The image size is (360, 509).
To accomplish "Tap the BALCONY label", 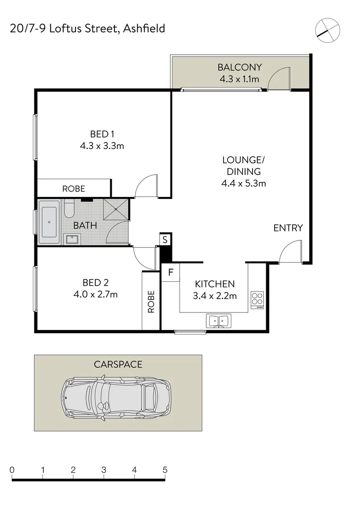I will tap(239, 67).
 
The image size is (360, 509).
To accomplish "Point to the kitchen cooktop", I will tap(257, 299).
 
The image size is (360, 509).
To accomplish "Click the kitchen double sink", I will tap(218, 321).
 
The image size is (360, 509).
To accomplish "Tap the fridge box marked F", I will tap(171, 272).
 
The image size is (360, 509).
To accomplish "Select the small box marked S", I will tap(165, 239).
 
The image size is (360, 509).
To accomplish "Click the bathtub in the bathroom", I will tap(49, 222).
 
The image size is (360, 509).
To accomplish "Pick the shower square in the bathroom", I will tap(116, 209).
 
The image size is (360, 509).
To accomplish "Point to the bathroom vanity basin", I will tap(73, 238).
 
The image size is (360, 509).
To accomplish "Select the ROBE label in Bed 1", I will tap(74, 189).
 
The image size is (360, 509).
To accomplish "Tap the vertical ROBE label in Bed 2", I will tap(151, 301).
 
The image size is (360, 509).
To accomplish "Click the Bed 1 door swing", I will tap(147, 186).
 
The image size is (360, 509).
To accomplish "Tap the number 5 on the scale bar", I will tap(165, 470).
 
